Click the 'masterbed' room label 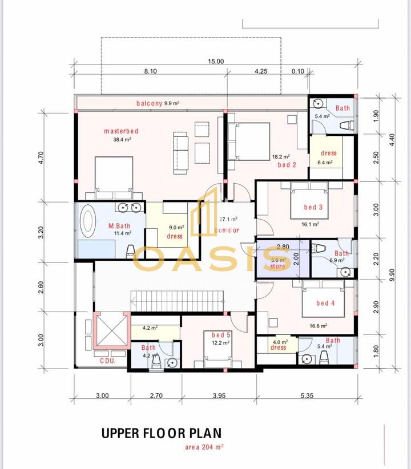coord(121,131)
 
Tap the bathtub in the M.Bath coord(89,224)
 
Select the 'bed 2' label coord(287,165)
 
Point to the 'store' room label coord(277,265)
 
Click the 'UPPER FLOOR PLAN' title coord(161,433)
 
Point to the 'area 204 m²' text coord(204,447)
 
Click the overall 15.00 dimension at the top coord(216,62)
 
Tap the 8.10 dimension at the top coord(150,71)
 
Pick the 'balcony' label coord(150,103)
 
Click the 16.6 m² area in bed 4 coord(318,326)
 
